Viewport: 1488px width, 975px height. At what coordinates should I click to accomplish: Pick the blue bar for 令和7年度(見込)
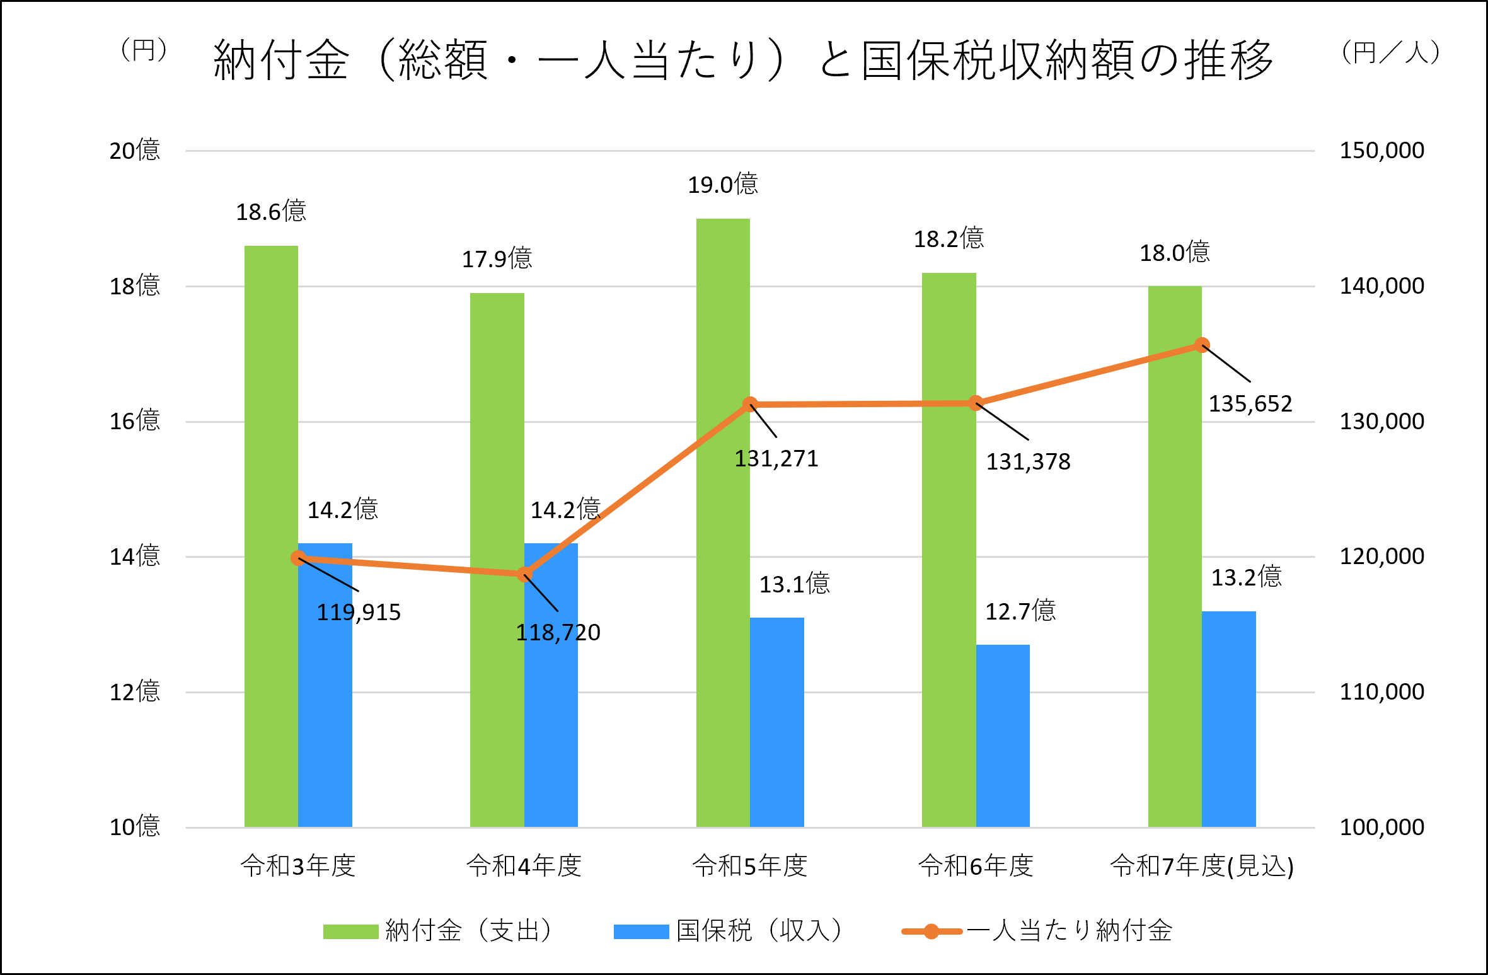(x=1228, y=718)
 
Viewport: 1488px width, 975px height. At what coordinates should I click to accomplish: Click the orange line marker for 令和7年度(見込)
(x=1202, y=345)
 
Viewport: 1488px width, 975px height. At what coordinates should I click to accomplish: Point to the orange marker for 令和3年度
(x=298, y=558)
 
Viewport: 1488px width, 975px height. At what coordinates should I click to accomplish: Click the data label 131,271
(x=776, y=459)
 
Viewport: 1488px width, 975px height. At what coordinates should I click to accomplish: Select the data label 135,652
(x=1250, y=404)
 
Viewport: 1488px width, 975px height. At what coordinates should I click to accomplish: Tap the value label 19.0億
(x=723, y=185)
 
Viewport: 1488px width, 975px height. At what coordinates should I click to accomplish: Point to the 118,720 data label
(x=558, y=632)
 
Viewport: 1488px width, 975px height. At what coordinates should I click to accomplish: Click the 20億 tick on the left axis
(x=135, y=151)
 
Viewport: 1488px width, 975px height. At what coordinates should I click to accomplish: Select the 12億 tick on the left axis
(x=135, y=692)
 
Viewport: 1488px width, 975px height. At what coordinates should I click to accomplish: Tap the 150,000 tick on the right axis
(x=1381, y=151)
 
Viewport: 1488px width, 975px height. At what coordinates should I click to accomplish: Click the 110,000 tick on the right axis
(x=1381, y=692)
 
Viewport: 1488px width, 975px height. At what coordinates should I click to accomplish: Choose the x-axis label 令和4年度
(x=524, y=866)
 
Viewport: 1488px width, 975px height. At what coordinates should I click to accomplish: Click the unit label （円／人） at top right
(x=1391, y=52)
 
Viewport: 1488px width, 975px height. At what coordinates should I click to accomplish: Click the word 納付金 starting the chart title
(x=281, y=60)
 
